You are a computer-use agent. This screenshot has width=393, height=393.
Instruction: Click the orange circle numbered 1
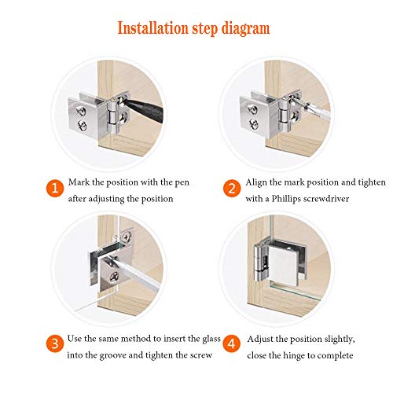point(55,188)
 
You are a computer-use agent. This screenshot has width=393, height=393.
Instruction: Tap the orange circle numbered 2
point(232,188)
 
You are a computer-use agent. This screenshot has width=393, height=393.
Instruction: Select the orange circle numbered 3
point(55,343)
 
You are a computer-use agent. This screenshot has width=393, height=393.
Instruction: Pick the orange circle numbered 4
point(232,343)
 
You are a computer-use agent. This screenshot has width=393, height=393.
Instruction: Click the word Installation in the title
point(152,28)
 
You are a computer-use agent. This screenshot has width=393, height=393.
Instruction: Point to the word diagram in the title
point(245,29)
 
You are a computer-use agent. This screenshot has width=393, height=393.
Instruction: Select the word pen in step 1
point(182,182)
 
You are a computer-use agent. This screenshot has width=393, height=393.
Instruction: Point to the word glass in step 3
point(211,339)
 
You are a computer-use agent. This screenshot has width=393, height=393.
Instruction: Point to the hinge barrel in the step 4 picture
point(260,261)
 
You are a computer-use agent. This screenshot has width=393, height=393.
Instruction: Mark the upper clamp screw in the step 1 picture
point(81,111)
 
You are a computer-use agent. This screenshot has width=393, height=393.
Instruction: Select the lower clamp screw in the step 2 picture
point(254,124)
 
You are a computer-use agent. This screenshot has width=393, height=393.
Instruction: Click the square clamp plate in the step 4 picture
point(285,266)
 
